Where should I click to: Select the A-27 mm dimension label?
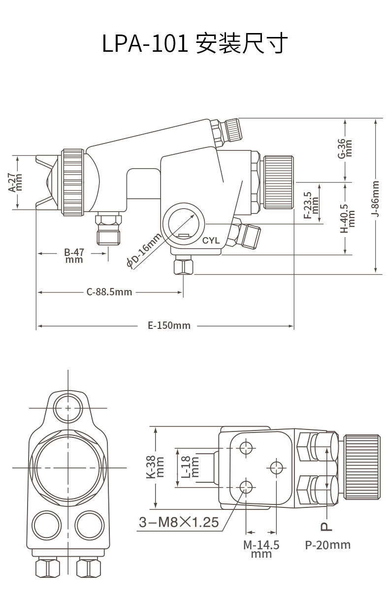pyautogui.click(x=16, y=182)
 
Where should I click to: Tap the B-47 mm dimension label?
pyautogui.click(x=74, y=255)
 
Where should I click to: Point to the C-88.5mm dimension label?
pyautogui.click(x=109, y=292)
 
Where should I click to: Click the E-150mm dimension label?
pyautogui.click(x=169, y=325)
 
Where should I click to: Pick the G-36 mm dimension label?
pyautogui.click(x=345, y=148)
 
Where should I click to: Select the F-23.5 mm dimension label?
pyautogui.click(x=312, y=205)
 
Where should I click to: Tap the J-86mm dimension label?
pyautogui.click(x=375, y=198)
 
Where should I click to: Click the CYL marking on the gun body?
pyautogui.click(x=211, y=241)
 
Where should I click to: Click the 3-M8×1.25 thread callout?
pyautogui.click(x=179, y=522)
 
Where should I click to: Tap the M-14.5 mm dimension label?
pyautogui.click(x=261, y=549)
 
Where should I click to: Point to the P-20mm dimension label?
pyautogui.click(x=327, y=545)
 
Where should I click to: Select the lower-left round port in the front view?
pyautogui.click(x=45, y=522)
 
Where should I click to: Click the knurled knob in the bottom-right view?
pyautogui.click(x=362, y=466)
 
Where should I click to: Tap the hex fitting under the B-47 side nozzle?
pyautogui.click(x=108, y=229)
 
